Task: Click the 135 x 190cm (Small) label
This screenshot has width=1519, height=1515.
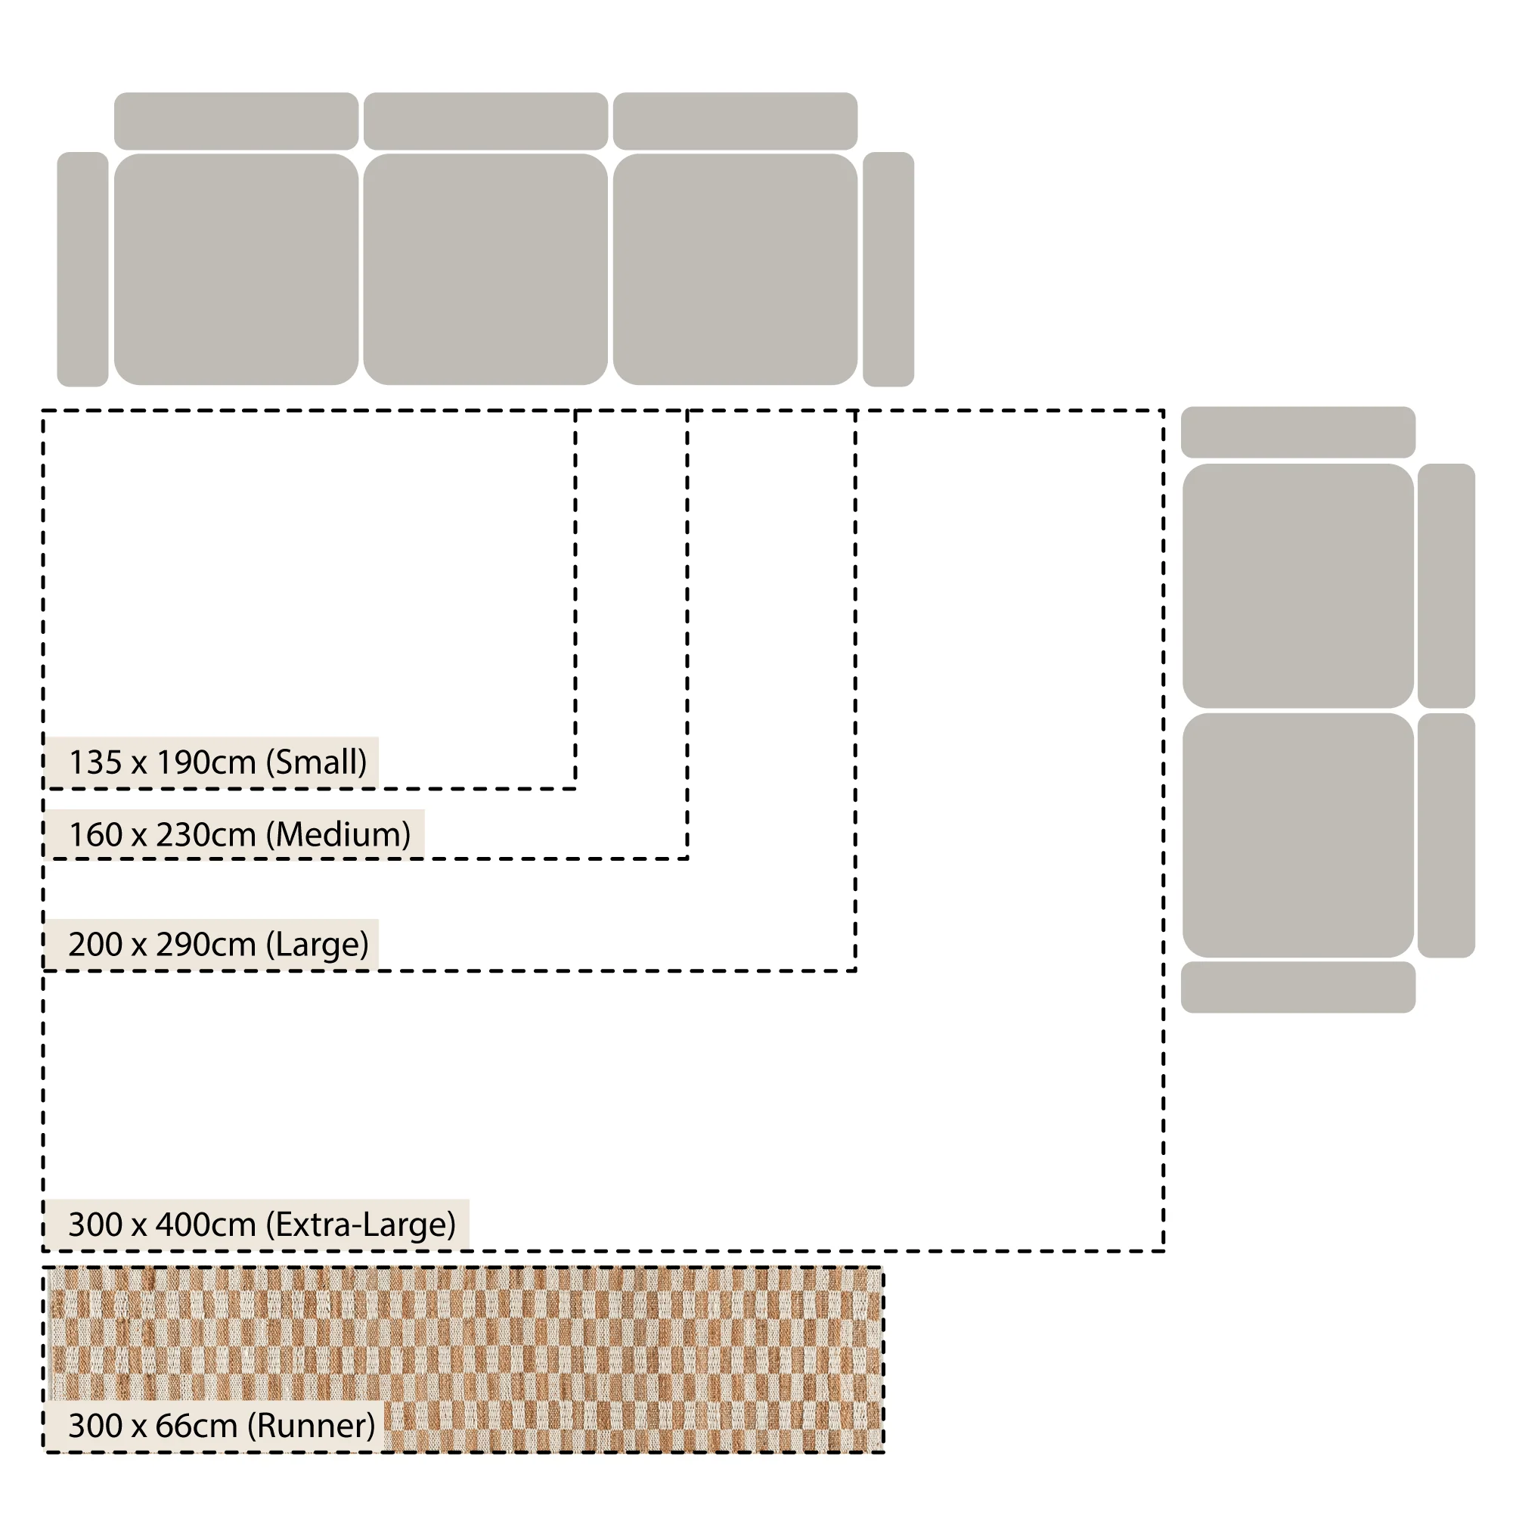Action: (x=218, y=762)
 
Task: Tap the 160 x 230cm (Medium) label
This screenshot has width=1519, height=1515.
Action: (x=240, y=834)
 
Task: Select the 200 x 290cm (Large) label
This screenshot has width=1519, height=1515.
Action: (x=219, y=944)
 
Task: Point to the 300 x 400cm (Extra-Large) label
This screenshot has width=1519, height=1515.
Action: (x=262, y=1224)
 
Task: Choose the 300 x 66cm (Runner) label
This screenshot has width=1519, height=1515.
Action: (x=222, y=1425)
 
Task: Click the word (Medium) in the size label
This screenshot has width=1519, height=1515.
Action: (x=338, y=834)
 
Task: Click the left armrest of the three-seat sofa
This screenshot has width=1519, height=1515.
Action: (x=82, y=269)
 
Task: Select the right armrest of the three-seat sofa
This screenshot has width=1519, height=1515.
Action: (x=888, y=269)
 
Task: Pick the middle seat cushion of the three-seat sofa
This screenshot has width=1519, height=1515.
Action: (x=485, y=269)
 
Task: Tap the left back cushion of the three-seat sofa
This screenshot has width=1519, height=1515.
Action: (x=236, y=121)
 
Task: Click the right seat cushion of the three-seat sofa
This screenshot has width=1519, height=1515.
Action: (x=735, y=269)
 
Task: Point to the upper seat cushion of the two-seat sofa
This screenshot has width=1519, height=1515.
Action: (x=1298, y=586)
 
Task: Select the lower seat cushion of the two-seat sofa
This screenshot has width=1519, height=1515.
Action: (x=1298, y=835)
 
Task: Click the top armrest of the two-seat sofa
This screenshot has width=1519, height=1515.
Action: (x=1298, y=432)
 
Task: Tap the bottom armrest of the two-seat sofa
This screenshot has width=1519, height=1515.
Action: (x=1298, y=987)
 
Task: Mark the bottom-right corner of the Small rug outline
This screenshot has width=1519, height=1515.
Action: (x=575, y=788)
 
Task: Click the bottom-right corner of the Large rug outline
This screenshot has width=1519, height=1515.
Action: (x=855, y=970)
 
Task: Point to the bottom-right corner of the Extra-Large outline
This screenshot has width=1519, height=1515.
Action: (x=1164, y=1251)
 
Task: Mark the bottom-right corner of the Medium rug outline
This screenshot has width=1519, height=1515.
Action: (x=688, y=858)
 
